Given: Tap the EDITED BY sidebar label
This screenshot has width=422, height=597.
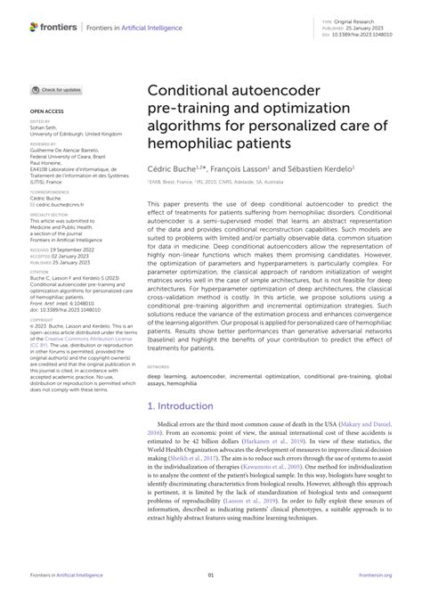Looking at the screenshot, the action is point(41,122).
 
